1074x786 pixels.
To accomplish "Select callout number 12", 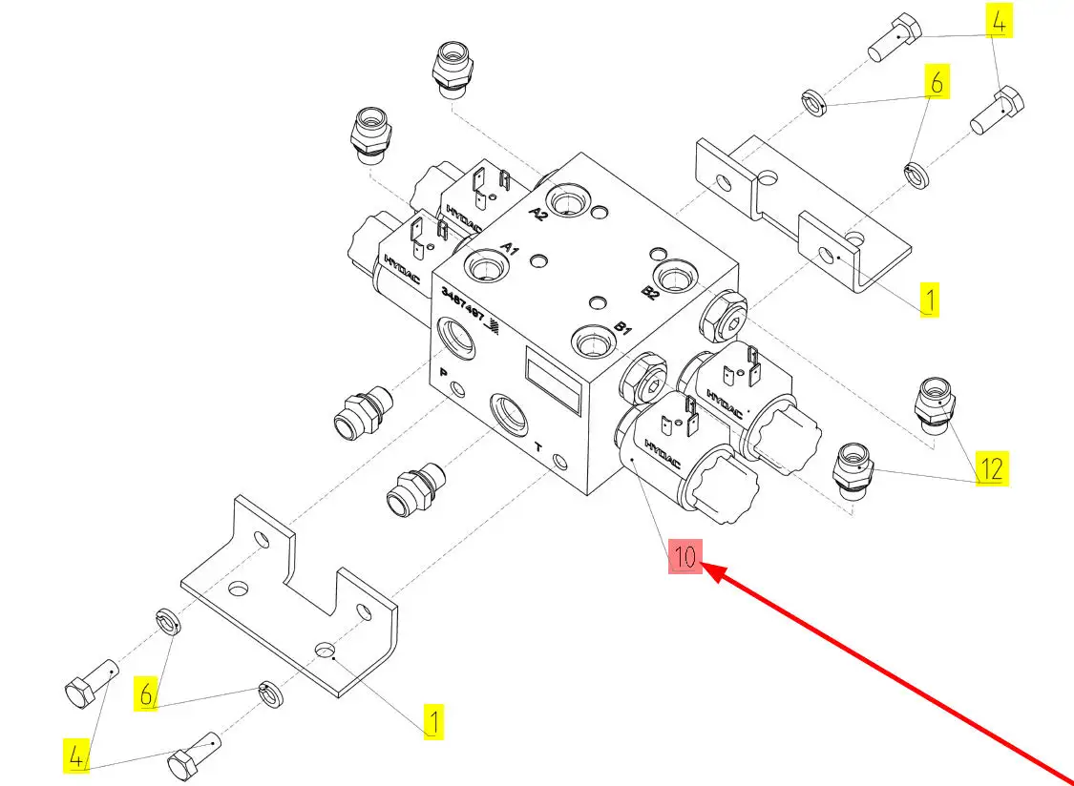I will [992, 468].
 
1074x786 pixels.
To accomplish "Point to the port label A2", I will [538, 213].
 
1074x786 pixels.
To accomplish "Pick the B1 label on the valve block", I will [622, 329].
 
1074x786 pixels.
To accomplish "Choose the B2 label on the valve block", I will [650, 291].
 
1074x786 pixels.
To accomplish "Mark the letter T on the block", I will [538, 445].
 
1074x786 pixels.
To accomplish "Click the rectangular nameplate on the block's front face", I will [554, 381].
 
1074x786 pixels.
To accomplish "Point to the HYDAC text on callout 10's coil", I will [663, 453].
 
